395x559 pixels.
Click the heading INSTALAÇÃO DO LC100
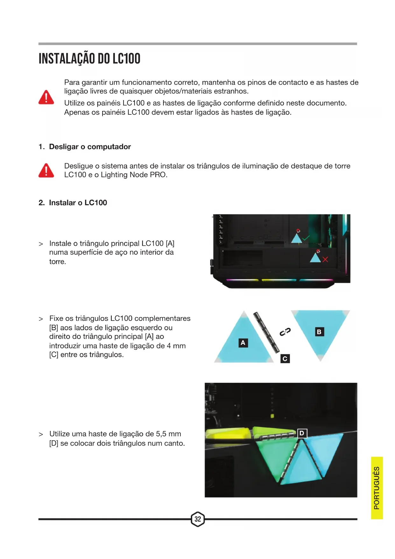(x=89, y=59)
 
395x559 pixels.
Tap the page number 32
(x=198, y=519)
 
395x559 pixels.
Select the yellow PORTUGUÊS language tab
(x=377, y=488)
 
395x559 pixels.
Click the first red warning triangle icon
(x=46, y=97)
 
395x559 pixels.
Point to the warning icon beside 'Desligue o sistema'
(x=46, y=170)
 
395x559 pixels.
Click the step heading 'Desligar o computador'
(x=90, y=147)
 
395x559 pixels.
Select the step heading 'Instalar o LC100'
(x=78, y=203)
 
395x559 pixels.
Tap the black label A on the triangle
(x=243, y=343)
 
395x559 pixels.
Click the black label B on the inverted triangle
(x=319, y=332)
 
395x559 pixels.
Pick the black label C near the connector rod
(x=285, y=359)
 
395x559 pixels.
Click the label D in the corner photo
(x=302, y=433)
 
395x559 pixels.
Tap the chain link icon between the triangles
(x=285, y=332)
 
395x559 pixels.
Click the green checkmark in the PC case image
(x=306, y=238)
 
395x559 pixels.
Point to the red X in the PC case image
(x=325, y=259)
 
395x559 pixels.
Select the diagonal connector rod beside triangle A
(x=266, y=332)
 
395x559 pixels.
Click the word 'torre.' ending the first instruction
(x=58, y=262)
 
